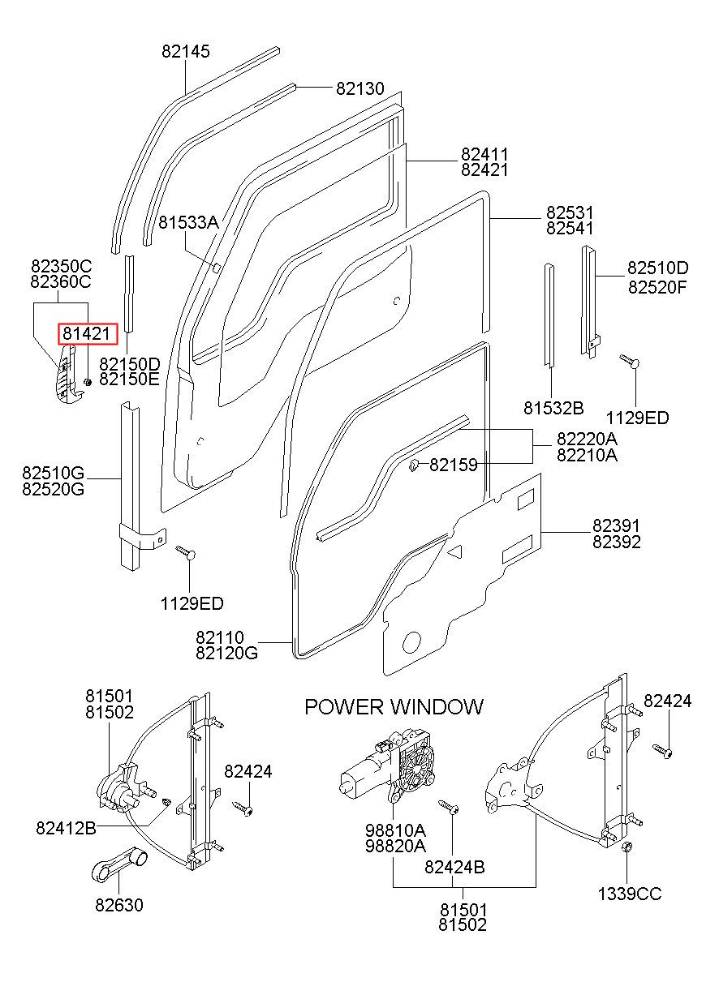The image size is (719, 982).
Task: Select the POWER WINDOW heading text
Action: click(394, 707)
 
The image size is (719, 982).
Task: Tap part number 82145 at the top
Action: click(186, 51)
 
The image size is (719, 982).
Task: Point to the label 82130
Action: click(360, 88)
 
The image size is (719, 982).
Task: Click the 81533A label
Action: click(188, 223)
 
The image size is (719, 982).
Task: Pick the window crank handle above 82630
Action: click(119, 862)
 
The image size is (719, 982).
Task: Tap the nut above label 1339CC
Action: click(626, 847)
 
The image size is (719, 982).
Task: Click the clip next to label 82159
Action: click(413, 465)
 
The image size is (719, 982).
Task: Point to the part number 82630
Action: click(119, 904)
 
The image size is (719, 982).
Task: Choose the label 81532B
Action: click(553, 408)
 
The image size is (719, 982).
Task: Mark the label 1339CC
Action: click(630, 894)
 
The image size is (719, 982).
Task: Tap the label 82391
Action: click(617, 525)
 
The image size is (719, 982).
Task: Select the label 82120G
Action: click(226, 654)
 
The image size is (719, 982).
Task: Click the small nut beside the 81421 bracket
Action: click(88, 382)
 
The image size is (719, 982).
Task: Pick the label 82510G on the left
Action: click(53, 473)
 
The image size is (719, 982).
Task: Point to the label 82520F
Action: click(657, 287)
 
